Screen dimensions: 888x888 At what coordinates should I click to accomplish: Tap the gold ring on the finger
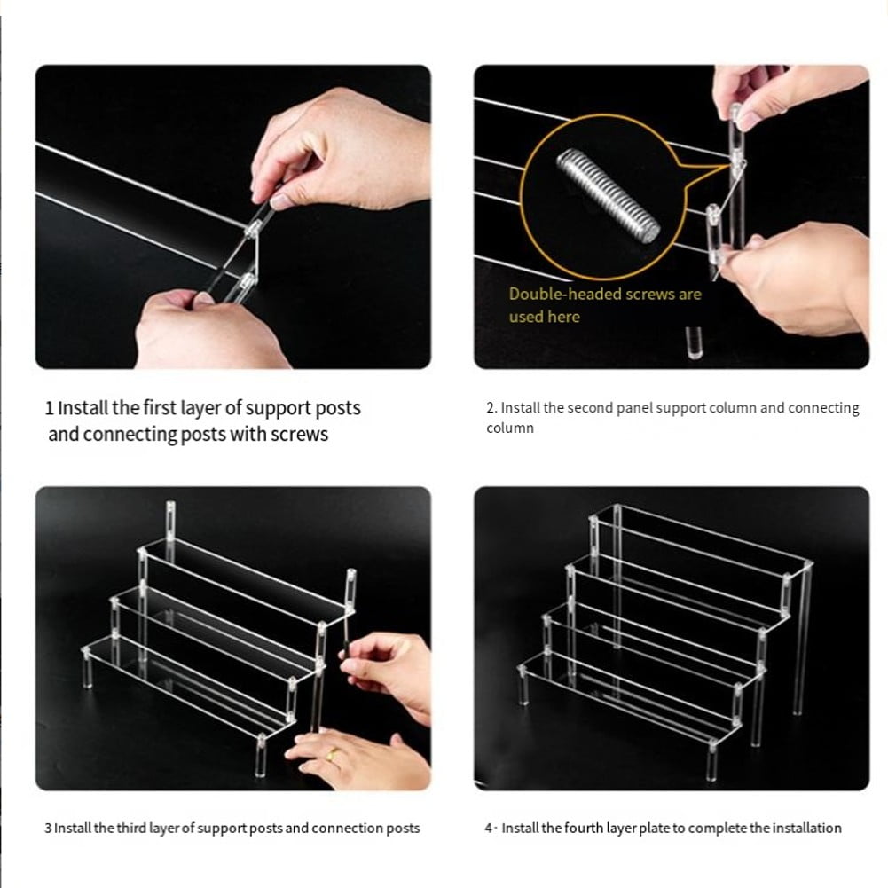click(x=331, y=756)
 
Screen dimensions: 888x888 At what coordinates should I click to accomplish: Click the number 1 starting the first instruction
click(x=50, y=409)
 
